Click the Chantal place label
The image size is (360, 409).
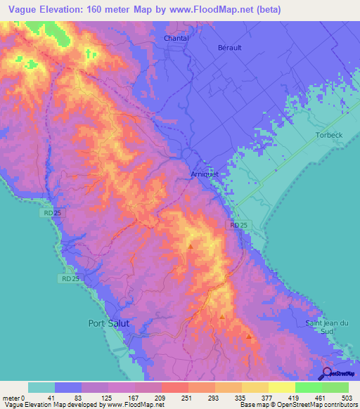[x=176, y=38]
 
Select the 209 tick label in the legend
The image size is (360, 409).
[x=161, y=398]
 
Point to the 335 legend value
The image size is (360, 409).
[x=241, y=398]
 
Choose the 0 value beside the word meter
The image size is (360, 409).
[x=25, y=398]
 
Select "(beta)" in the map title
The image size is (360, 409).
[x=268, y=8]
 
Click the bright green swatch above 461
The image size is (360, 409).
[x=308, y=387]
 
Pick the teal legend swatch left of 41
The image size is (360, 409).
[x=41, y=387]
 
